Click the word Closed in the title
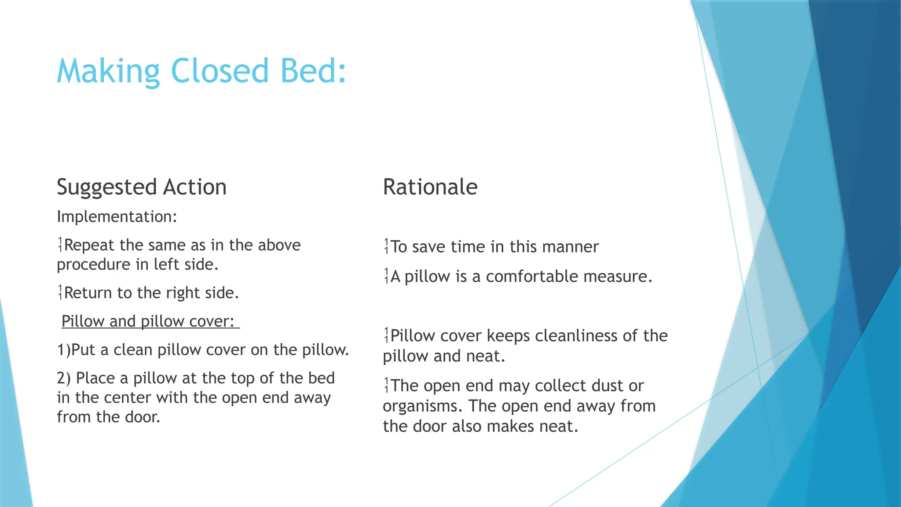pos(219,71)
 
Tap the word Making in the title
pos(108,71)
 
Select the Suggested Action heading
pos(142,187)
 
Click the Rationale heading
pos(430,187)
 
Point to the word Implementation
pos(117,217)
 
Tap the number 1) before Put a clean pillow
pos(63,350)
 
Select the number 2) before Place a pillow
pos(63,378)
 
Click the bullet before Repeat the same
pos(60,245)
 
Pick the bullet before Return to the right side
pos(60,292)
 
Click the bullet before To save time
pos(386,246)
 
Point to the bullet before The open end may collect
pos(386,386)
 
